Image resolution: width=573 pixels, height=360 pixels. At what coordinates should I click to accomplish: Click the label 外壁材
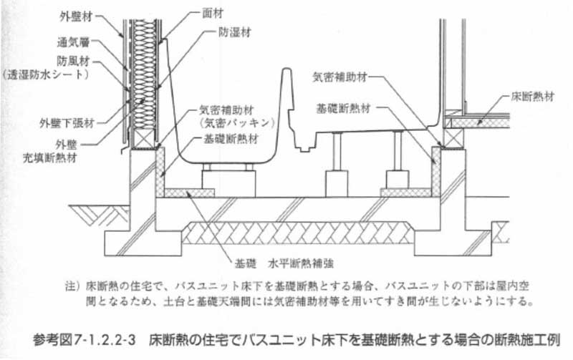(76, 16)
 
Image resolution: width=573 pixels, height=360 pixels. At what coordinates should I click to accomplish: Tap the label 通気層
(74, 42)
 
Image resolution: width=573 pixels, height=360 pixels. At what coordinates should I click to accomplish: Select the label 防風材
(73, 61)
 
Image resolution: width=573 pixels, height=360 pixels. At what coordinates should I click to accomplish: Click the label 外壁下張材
(67, 123)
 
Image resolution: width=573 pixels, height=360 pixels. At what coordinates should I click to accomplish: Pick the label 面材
(213, 14)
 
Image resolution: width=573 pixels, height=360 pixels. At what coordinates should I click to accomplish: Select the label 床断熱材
(533, 97)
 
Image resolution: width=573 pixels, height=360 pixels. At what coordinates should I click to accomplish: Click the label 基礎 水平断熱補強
(284, 263)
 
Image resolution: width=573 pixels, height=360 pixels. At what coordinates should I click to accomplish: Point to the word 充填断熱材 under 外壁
(49, 158)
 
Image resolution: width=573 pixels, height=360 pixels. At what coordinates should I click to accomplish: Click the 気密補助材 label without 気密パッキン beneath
(340, 77)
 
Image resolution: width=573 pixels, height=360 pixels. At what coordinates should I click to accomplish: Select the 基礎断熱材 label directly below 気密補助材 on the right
(344, 109)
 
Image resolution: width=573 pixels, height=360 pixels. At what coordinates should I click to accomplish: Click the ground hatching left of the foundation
(100, 215)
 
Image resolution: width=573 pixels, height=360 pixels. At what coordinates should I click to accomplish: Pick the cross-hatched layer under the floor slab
(298, 233)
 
